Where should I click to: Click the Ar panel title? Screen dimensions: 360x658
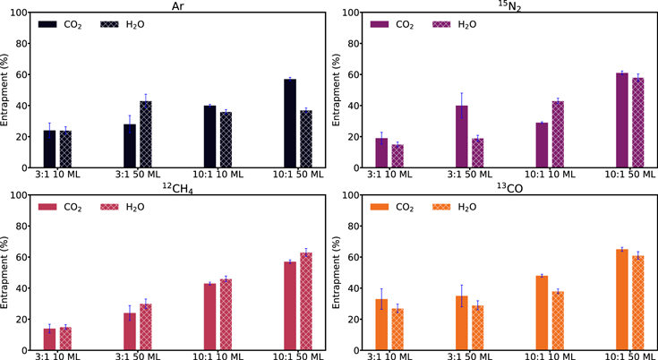tap(172, 5)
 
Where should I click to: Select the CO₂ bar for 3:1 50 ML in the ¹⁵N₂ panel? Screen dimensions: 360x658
tap(462, 136)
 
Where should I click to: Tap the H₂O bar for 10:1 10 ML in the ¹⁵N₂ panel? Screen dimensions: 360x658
tap(558, 134)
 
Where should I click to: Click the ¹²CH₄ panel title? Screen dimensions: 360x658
tap(172, 186)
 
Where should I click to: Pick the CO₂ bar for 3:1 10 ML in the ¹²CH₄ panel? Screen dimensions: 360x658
tap(49, 339)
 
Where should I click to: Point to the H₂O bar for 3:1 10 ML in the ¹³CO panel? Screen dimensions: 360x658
tap(397, 329)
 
